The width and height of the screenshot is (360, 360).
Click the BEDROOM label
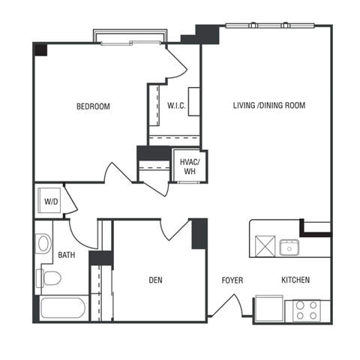pos(93,106)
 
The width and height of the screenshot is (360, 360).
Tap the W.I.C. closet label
pos(177,105)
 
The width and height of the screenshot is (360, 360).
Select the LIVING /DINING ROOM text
pos(268,105)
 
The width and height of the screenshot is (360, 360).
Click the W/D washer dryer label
pos(51,201)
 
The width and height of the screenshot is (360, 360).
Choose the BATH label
pos(67,255)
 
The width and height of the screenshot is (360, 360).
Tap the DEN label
pos(155,280)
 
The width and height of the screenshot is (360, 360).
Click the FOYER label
pos(232,280)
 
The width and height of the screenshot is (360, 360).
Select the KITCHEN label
pos(295,280)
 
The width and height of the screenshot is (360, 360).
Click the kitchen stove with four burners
pos(305,310)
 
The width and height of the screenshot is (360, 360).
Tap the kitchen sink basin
pos(288,246)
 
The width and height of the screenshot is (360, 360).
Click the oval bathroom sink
pos(43,244)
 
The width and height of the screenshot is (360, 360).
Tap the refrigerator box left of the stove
pos(268,309)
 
